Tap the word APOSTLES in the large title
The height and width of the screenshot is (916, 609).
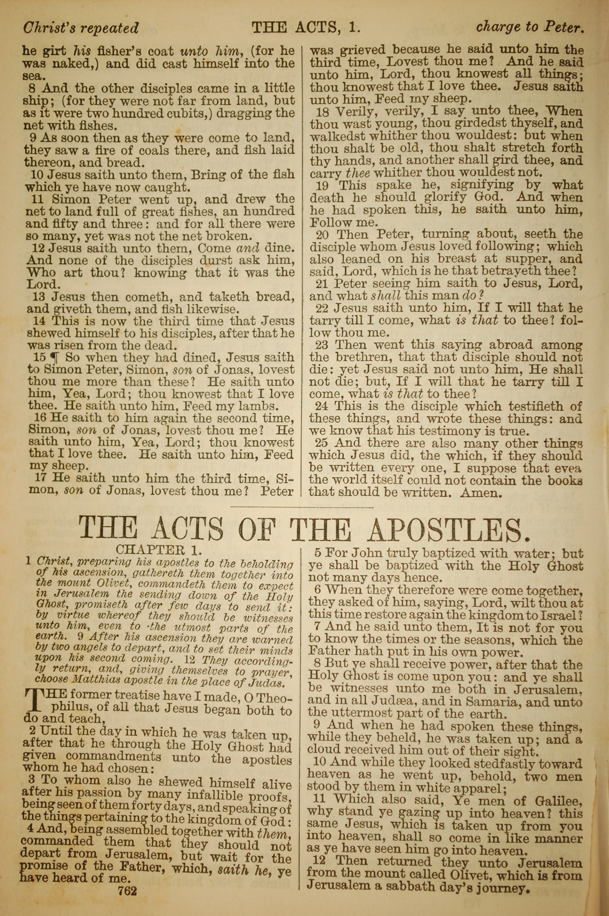(x=449, y=530)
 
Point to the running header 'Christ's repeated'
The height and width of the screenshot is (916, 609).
(x=81, y=28)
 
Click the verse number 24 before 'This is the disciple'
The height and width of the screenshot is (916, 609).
(x=322, y=406)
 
